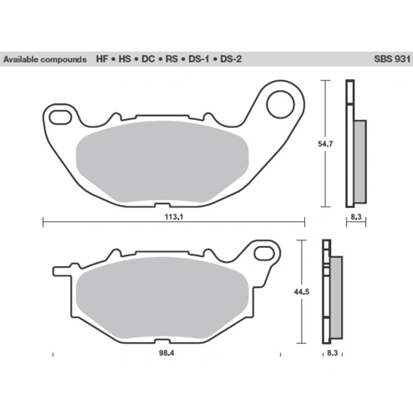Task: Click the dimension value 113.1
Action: [173, 216]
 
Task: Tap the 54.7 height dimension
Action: [325, 144]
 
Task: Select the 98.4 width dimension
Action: [167, 353]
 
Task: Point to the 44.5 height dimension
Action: [301, 292]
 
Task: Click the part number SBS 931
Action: [392, 59]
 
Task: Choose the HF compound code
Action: [102, 59]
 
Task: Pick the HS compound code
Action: [125, 59]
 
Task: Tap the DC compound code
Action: [148, 59]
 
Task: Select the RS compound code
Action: [172, 59]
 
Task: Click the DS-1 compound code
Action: [198, 59]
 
